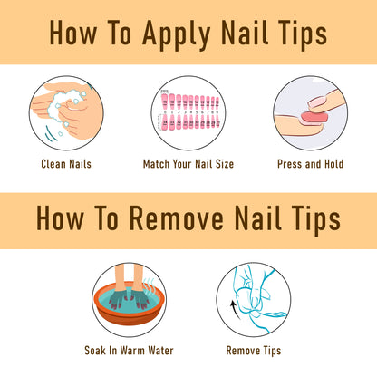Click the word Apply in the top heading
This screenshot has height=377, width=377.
[x=176, y=34]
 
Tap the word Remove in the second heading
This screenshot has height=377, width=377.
[x=177, y=218]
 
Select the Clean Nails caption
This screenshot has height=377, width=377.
[x=66, y=164]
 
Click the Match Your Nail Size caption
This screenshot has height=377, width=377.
[x=188, y=164]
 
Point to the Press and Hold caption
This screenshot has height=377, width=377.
[x=311, y=164]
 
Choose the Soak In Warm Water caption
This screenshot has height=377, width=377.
[x=129, y=351]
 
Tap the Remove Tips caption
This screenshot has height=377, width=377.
[x=254, y=351]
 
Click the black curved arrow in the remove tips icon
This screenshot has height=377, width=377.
[x=235, y=309]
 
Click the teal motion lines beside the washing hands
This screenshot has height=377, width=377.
[x=51, y=134]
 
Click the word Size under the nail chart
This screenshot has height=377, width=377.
[x=225, y=164]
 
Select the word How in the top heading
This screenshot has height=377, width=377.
[x=73, y=34]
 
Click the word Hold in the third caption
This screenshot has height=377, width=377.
[x=334, y=164]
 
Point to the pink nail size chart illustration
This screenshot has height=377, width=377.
[x=189, y=111]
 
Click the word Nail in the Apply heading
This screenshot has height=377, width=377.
[x=245, y=33]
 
